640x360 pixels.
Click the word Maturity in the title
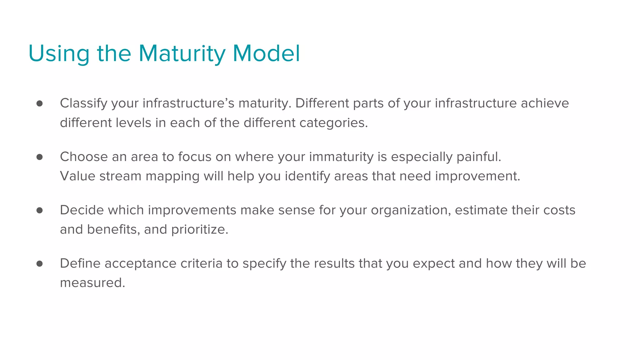(x=182, y=54)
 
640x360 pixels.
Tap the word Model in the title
(x=266, y=54)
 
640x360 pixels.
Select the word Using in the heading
(x=59, y=54)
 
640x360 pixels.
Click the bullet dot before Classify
(x=39, y=103)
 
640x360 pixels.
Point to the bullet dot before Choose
(x=39, y=157)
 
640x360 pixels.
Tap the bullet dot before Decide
(x=39, y=210)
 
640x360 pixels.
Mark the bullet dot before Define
(x=39, y=264)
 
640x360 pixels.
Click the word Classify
(x=83, y=103)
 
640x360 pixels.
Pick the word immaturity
(x=341, y=157)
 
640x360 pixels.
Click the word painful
(x=479, y=157)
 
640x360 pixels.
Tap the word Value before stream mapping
(x=77, y=176)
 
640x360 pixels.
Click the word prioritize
(x=200, y=230)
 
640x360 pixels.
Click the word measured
(x=92, y=283)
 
